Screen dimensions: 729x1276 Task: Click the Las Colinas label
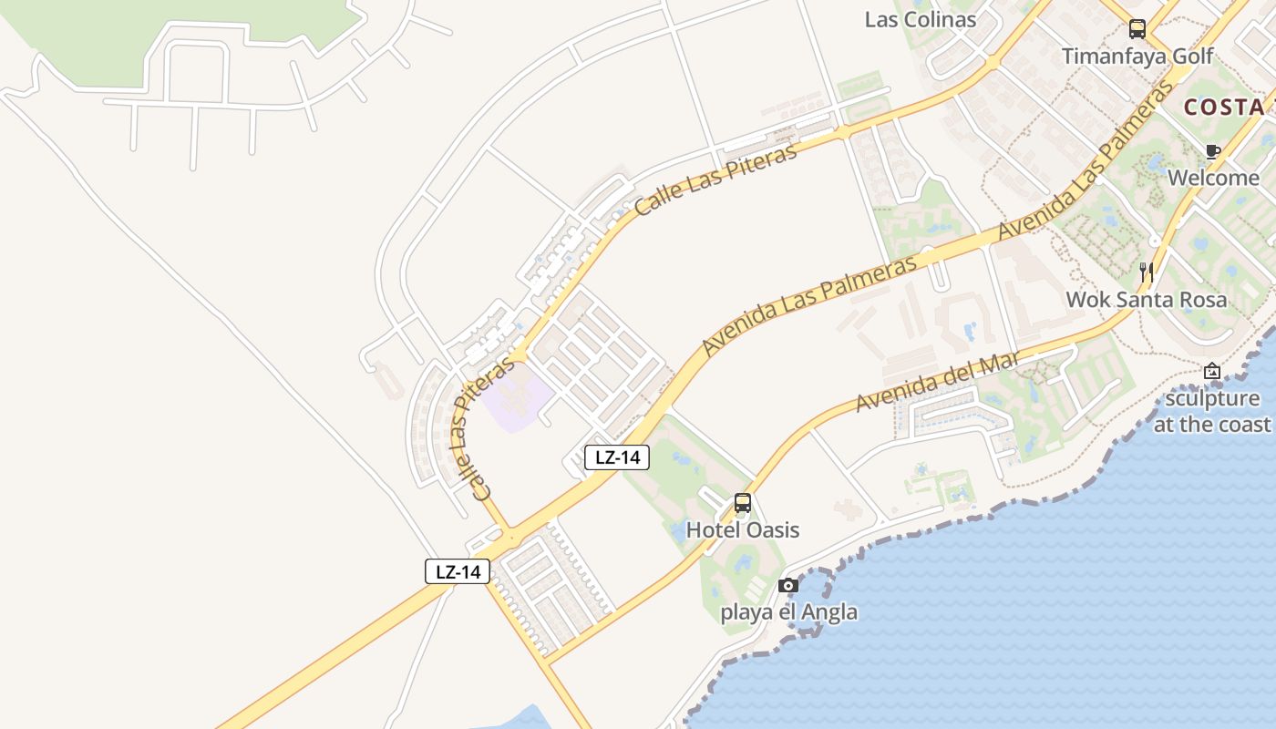[920, 19]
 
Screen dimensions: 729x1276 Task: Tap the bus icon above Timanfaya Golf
[1137, 29]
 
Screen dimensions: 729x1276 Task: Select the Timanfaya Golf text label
[1137, 56]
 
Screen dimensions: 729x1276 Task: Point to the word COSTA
[1223, 107]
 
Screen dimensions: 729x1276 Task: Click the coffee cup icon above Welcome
[1212, 151]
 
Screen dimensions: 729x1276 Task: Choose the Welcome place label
[1213, 178]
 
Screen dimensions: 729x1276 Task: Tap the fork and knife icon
[1147, 272]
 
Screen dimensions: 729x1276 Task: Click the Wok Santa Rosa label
[1147, 299]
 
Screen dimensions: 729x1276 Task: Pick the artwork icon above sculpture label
[1211, 371]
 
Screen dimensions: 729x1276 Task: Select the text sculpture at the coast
[1212, 411]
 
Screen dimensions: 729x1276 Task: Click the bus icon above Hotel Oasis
[742, 503]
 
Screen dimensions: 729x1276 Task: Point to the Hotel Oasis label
[742, 530]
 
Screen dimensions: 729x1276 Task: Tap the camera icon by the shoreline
[788, 585]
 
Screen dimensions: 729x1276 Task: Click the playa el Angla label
[788, 611]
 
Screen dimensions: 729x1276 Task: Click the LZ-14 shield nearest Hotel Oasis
[617, 457]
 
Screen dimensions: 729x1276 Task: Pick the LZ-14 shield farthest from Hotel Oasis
[458, 572]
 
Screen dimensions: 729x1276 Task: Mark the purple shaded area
[517, 399]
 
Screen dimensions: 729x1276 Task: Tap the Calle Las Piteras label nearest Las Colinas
[715, 178]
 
